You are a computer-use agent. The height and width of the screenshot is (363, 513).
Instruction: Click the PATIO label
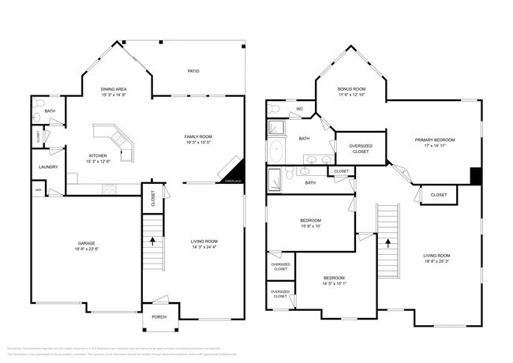(x=193, y=71)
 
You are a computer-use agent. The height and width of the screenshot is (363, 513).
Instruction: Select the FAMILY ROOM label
(x=199, y=137)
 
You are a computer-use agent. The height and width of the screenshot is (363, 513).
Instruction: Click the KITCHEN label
(x=97, y=155)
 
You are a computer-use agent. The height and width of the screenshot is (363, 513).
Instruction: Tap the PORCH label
(x=159, y=316)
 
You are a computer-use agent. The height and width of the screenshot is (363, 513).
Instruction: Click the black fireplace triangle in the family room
(x=239, y=174)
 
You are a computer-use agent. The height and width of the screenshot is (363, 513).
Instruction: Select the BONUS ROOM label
(x=351, y=89)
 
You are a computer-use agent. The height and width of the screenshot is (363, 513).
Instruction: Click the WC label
(x=299, y=109)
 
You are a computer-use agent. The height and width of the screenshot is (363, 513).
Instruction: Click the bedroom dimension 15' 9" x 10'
(x=309, y=226)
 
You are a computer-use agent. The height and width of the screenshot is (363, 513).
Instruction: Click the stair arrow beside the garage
(x=153, y=239)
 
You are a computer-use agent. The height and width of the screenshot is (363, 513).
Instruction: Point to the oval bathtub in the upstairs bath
(x=276, y=152)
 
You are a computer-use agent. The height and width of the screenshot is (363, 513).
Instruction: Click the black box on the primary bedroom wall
(x=476, y=175)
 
